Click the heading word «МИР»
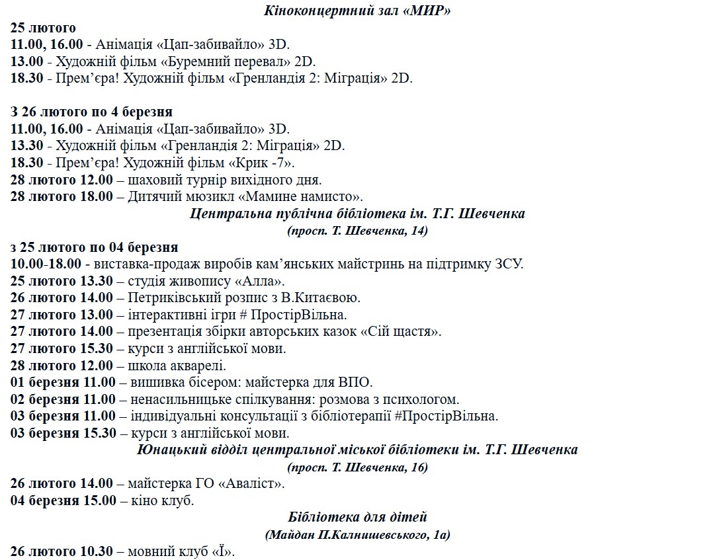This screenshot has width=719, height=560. (x=429, y=11)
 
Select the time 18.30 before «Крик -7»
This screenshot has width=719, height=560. (x=27, y=163)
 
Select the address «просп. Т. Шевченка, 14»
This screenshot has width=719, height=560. (x=357, y=231)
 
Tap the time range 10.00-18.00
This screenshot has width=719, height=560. (x=46, y=264)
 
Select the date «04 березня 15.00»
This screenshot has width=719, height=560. (x=63, y=500)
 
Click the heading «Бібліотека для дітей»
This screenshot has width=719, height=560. (x=357, y=518)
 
